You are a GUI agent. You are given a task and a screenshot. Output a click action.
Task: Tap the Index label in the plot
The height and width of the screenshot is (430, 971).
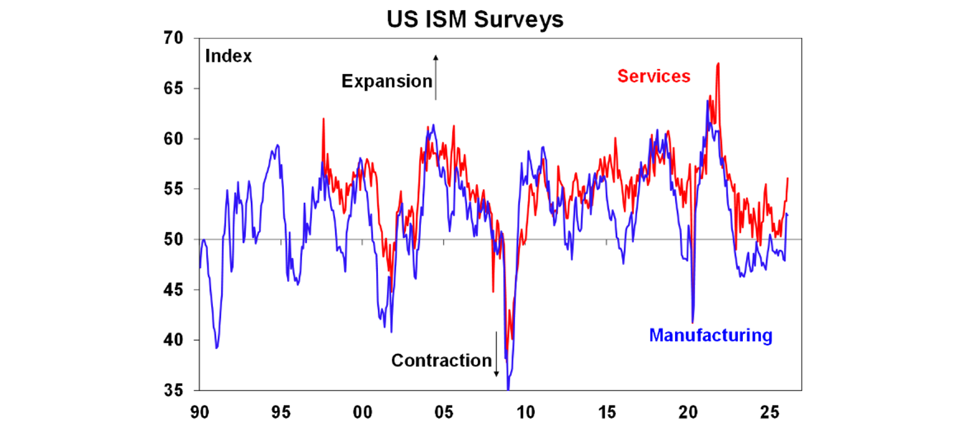(x=228, y=56)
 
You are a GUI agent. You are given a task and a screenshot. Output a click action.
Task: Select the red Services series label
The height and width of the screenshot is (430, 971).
(x=654, y=76)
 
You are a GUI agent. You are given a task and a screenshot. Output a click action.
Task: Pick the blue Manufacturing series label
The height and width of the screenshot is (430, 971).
(x=711, y=335)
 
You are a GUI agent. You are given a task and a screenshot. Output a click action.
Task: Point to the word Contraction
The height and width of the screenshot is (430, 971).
(x=441, y=360)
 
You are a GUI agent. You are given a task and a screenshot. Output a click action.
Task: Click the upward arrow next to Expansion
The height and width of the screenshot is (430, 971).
(x=436, y=77)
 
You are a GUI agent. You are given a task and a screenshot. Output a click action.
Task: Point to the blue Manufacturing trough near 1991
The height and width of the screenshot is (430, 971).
(x=217, y=347)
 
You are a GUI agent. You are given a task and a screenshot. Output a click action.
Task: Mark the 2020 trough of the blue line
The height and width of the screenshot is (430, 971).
(x=693, y=322)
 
